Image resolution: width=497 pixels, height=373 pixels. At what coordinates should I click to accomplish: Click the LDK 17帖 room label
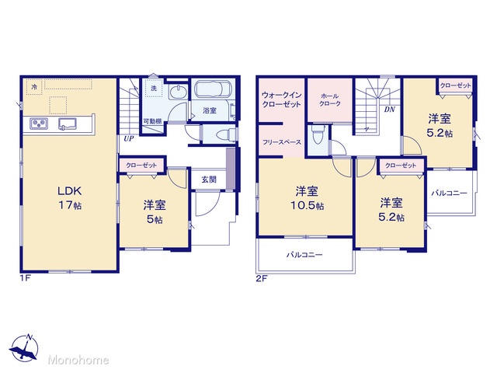[x=69, y=198]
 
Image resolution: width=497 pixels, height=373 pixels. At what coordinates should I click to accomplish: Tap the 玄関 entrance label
[x=209, y=180]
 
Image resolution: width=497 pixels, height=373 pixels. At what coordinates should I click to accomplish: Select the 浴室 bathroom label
[x=210, y=110]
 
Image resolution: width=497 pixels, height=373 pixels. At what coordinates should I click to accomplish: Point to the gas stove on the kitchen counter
[x=39, y=124]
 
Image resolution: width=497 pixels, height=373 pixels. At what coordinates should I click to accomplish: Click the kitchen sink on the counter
[x=68, y=124]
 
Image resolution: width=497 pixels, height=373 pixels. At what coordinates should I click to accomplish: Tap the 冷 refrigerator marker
[x=34, y=87]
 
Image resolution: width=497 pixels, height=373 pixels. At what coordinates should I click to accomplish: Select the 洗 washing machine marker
[x=154, y=88]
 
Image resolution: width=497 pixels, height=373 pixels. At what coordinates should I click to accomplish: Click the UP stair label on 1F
[x=128, y=138]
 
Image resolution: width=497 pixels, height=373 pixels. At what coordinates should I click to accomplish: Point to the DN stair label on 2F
[x=390, y=110]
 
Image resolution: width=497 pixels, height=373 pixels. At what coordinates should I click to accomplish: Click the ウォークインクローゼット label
[x=281, y=99]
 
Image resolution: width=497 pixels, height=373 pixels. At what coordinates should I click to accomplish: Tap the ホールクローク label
[x=329, y=99]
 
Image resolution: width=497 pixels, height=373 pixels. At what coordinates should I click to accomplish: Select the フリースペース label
[x=282, y=142]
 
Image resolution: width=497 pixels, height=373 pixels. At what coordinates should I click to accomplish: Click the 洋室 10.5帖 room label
[x=307, y=199]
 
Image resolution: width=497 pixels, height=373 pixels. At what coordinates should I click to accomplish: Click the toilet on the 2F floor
[x=318, y=137]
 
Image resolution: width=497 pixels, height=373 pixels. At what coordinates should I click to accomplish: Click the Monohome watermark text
[x=78, y=360]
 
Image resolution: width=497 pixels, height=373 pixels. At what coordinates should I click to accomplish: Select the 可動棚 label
[x=153, y=121]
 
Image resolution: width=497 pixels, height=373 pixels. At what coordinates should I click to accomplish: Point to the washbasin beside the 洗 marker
[x=179, y=92]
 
